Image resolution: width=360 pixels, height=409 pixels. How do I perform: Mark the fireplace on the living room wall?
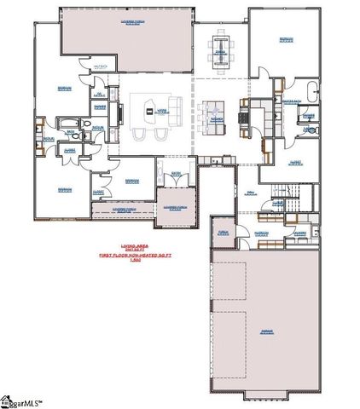(x=120, y=110)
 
